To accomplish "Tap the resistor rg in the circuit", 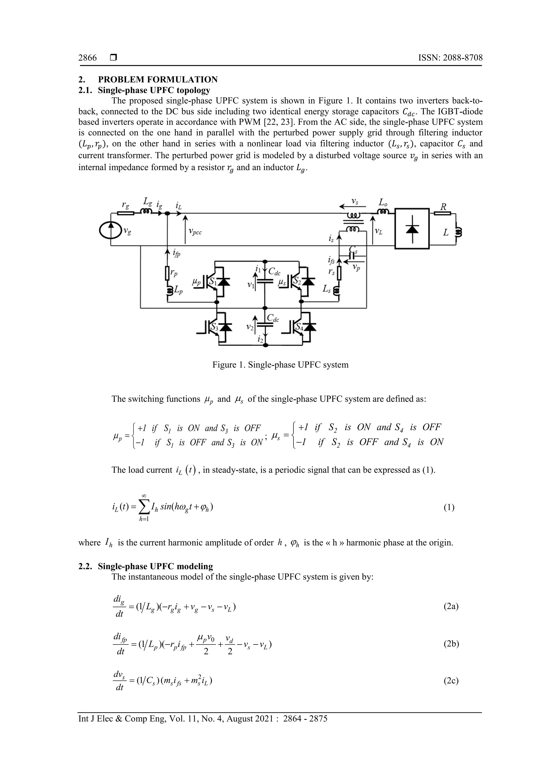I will [x=125, y=213].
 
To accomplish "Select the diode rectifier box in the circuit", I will [x=412, y=229].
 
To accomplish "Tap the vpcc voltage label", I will [x=195, y=232].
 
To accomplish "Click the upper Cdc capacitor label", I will [x=274, y=271].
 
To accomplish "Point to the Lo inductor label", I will [x=383, y=203].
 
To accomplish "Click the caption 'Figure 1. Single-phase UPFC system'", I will [x=280, y=365].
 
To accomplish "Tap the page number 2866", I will [x=87, y=58].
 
